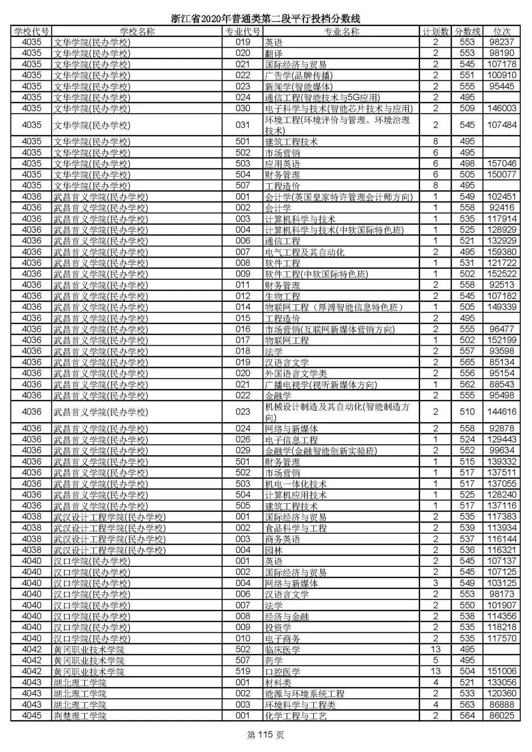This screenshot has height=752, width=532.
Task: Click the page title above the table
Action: click(x=266, y=19)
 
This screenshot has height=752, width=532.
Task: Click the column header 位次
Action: click(x=501, y=32)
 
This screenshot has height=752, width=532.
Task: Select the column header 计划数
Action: click(x=435, y=32)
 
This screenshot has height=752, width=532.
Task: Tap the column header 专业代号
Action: click(x=242, y=32)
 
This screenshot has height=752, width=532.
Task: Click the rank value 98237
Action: click(x=501, y=42)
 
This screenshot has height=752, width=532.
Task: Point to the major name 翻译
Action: click(x=274, y=53)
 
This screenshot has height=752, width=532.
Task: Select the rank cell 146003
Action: click(x=501, y=108)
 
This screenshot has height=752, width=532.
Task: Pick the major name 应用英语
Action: click(x=282, y=163)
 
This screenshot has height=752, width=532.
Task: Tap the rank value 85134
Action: click(x=501, y=362)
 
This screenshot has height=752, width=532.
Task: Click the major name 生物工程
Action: click(x=282, y=296)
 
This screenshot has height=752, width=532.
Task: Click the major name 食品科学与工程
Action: click(x=296, y=528)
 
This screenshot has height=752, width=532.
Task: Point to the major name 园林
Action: click(x=273, y=550)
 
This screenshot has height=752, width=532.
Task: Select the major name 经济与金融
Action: click(x=287, y=616)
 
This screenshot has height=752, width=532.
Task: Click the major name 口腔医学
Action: click(x=282, y=672)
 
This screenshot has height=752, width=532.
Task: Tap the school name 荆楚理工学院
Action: click(x=80, y=716)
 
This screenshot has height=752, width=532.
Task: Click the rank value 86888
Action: click(x=501, y=705)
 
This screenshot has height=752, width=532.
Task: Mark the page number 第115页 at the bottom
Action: click(x=266, y=735)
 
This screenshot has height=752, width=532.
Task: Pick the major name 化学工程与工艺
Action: click(x=296, y=716)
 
